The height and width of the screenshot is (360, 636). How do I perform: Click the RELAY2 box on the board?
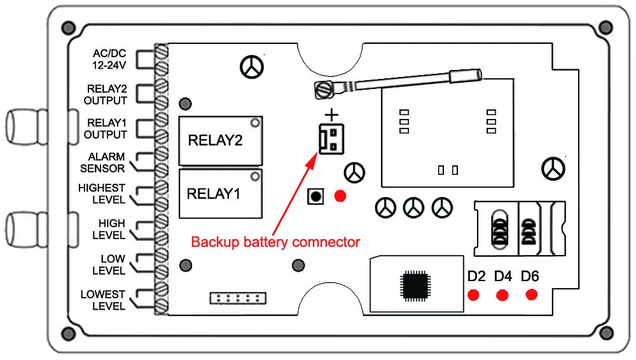[221, 141]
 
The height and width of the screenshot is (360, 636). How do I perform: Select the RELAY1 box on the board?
[221, 193]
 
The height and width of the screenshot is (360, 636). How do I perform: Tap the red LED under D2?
[473, 295]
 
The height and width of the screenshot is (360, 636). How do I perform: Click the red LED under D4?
[502, 295]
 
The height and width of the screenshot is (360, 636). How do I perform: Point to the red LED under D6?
[531, 294]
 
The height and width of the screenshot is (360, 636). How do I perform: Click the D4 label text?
[503, 277]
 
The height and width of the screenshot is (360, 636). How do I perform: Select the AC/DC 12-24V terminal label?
[109, 59]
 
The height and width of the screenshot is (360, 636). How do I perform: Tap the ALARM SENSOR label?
[102, 162]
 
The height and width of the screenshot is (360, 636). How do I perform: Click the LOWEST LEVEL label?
[102, 300]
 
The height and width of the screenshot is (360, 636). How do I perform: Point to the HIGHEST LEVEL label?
[102, 193]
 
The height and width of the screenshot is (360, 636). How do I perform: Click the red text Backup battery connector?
[275, 242]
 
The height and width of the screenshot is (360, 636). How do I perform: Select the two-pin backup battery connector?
[331, 139]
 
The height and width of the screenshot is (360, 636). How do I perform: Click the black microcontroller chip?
[415, 286]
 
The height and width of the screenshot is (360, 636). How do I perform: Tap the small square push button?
[315, 197]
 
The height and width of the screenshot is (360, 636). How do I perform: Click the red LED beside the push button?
[340, 196]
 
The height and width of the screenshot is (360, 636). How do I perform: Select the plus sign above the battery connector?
[332, 115]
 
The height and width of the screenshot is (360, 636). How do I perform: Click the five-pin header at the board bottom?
[238, 298]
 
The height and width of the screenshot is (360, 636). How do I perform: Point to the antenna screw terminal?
[324, 89]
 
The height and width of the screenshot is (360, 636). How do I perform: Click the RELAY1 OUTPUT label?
[106, 128]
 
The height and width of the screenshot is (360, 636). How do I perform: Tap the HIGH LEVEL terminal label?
[109, 230]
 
